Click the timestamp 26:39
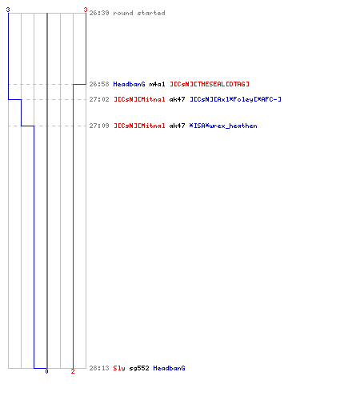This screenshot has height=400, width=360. coord(99,13)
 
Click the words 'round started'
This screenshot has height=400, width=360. coord(139,13)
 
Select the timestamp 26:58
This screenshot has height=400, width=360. coord(99,84)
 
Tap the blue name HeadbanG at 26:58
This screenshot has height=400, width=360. coord(129,84)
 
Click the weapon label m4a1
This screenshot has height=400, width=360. coord(157,84)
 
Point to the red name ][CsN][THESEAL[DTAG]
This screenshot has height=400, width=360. coord(210,84)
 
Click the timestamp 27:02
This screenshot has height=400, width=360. coord(99,99)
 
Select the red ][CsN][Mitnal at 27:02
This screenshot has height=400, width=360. coord(139,99)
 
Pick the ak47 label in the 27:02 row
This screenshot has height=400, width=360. coord(177,99)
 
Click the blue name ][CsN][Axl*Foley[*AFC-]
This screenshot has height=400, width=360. coord(235,99)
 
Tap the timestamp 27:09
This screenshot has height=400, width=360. coord(99,126)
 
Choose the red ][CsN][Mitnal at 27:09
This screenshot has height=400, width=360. coord(139,126)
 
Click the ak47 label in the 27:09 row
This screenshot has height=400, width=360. coord(177,126)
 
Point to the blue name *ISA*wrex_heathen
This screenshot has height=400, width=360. coord(223,126)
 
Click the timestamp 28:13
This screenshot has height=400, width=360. coord(99,368)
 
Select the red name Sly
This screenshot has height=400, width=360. coord(119,368)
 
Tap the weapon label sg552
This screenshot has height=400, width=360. coord(139,368)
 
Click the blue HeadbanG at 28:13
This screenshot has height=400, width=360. coord(169,368)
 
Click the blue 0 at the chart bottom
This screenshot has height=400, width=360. coord(46,371)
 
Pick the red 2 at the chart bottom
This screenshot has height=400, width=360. coord(73,371)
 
